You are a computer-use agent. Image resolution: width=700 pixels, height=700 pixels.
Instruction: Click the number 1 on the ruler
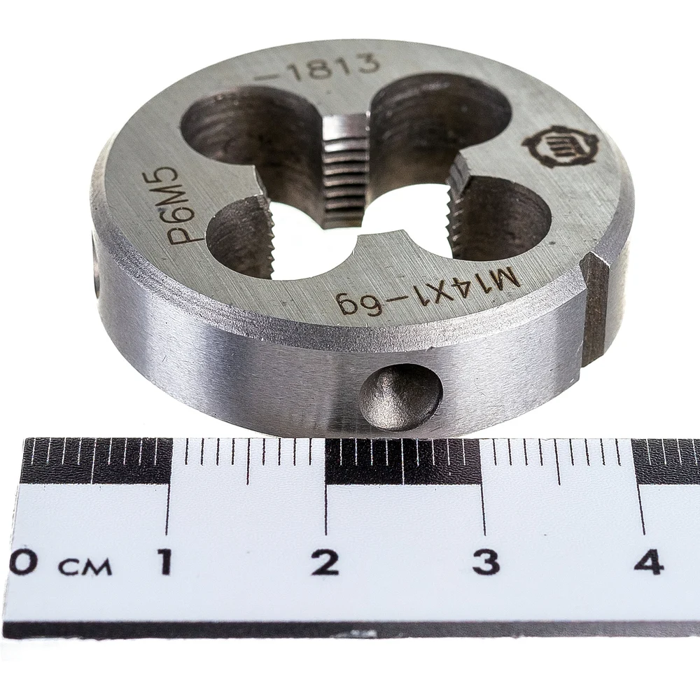coord(164,561)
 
